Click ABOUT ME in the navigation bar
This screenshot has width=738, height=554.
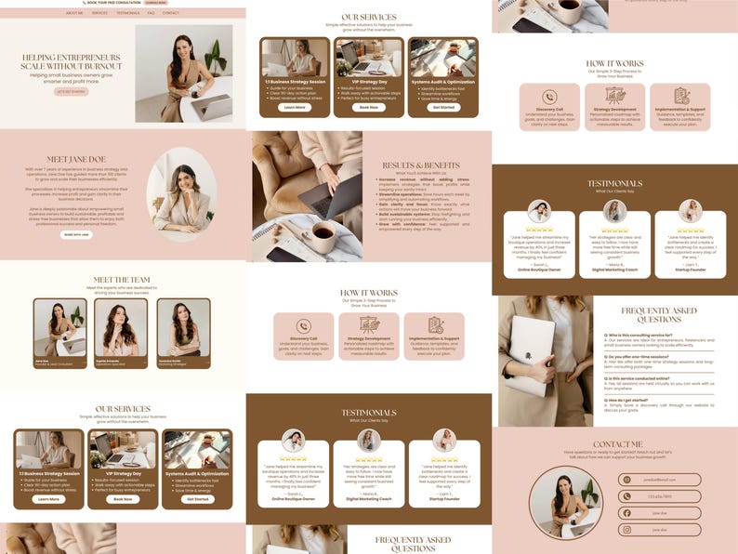74,13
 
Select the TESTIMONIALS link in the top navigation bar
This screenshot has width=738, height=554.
128,13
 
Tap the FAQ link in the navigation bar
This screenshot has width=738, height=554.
151,13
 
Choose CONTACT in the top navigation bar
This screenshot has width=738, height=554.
171,13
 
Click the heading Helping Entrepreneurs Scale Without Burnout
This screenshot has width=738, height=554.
72,61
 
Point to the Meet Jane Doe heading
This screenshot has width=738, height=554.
72,159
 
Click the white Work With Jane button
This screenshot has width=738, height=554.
76,234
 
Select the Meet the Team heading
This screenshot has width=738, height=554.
122,279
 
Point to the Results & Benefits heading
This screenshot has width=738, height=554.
421,165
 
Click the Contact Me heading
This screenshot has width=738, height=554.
616,443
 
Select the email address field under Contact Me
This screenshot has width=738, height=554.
660,480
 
